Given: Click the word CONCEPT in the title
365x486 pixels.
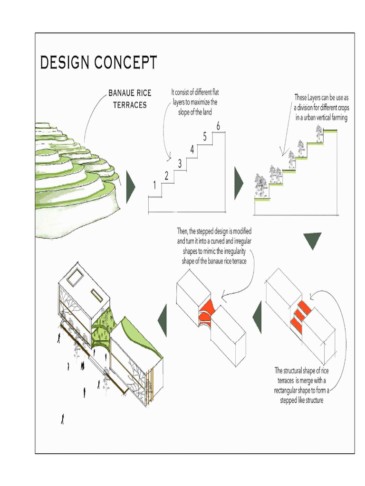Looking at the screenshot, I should pos(127,63).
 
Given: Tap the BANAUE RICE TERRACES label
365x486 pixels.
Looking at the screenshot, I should pos(130,98).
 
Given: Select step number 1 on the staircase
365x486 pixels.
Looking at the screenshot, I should pos(154,186).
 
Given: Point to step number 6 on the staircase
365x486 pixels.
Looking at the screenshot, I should pos(218,126).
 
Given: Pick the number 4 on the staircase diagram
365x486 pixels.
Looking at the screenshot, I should pos(192,150).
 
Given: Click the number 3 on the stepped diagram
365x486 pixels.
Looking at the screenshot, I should pos(180,164).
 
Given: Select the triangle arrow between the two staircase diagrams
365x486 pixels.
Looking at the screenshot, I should pos(238,182).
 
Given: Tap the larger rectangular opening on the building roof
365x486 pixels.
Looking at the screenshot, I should pos(76,277).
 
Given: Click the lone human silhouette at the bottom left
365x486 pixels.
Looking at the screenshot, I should pos(62,419).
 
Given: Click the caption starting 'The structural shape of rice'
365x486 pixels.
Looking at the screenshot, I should pos(301,385).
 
